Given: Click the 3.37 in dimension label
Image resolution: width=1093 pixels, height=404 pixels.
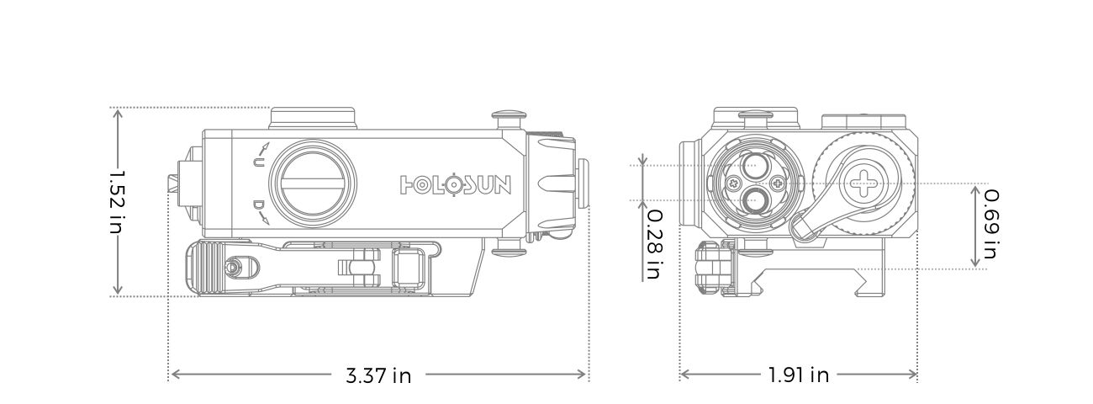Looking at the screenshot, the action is point(378,375).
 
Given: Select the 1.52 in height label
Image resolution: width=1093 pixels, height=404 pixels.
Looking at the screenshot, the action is point(117,202).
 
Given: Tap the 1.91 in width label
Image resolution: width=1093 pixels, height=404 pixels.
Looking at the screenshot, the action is point(799,375).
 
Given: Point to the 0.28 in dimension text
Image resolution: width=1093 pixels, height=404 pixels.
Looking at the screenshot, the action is point(655,244).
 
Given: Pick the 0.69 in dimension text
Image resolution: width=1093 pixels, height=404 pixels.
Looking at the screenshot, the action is point(991,224).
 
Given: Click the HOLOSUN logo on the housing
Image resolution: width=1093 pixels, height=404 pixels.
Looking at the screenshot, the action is point(456,185).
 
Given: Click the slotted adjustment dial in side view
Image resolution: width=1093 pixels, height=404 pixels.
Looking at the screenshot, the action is point(313,183).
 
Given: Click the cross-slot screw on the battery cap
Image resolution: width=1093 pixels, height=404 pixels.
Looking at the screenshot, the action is point(863,184).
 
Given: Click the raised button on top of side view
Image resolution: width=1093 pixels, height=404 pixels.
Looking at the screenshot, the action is point(314,118).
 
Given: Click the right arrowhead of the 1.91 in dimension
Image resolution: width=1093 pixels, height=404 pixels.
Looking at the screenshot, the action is point(911,375).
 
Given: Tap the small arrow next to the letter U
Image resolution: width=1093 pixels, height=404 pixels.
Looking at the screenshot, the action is point(265,146).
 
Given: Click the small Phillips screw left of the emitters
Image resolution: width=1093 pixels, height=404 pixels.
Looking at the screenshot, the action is point(733,184).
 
